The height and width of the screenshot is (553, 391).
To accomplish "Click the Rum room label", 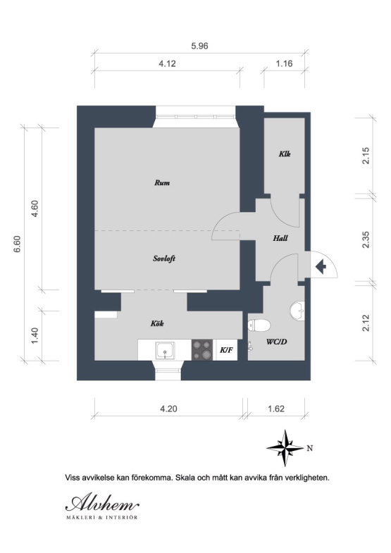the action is click(162, 182).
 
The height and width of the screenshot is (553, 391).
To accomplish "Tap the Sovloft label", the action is click(164, 259).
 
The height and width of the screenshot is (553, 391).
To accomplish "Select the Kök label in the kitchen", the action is click(157, 323).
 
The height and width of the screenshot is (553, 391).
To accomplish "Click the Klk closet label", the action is click(285, 154).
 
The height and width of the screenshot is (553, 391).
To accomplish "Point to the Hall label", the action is click(280, 238).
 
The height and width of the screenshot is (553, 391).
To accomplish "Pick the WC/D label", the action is click(276, 342).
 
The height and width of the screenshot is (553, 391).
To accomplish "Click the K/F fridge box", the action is click(226, 350).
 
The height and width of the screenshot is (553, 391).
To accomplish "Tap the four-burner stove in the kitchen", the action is click(202, 350).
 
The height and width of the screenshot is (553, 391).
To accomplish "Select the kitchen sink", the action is click(165, 350).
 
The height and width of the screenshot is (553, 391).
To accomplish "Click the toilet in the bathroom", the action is click(259, 325).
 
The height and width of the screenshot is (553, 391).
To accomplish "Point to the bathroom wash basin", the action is click(297, 311).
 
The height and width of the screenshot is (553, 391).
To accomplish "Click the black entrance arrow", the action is click(321, 267).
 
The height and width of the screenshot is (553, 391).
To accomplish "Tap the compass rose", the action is click(285, 448).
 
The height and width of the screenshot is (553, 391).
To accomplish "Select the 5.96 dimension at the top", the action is click(199, 46).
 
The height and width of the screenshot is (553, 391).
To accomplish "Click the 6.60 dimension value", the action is click(18, 244).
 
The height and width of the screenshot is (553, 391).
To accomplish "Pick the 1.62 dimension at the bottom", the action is click(276, 409).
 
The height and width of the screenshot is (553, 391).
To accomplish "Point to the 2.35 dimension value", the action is click(366, 240).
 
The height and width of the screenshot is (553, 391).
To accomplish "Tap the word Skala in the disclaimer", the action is click(185, 478).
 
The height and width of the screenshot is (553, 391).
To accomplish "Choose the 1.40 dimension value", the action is click(35, 336).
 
